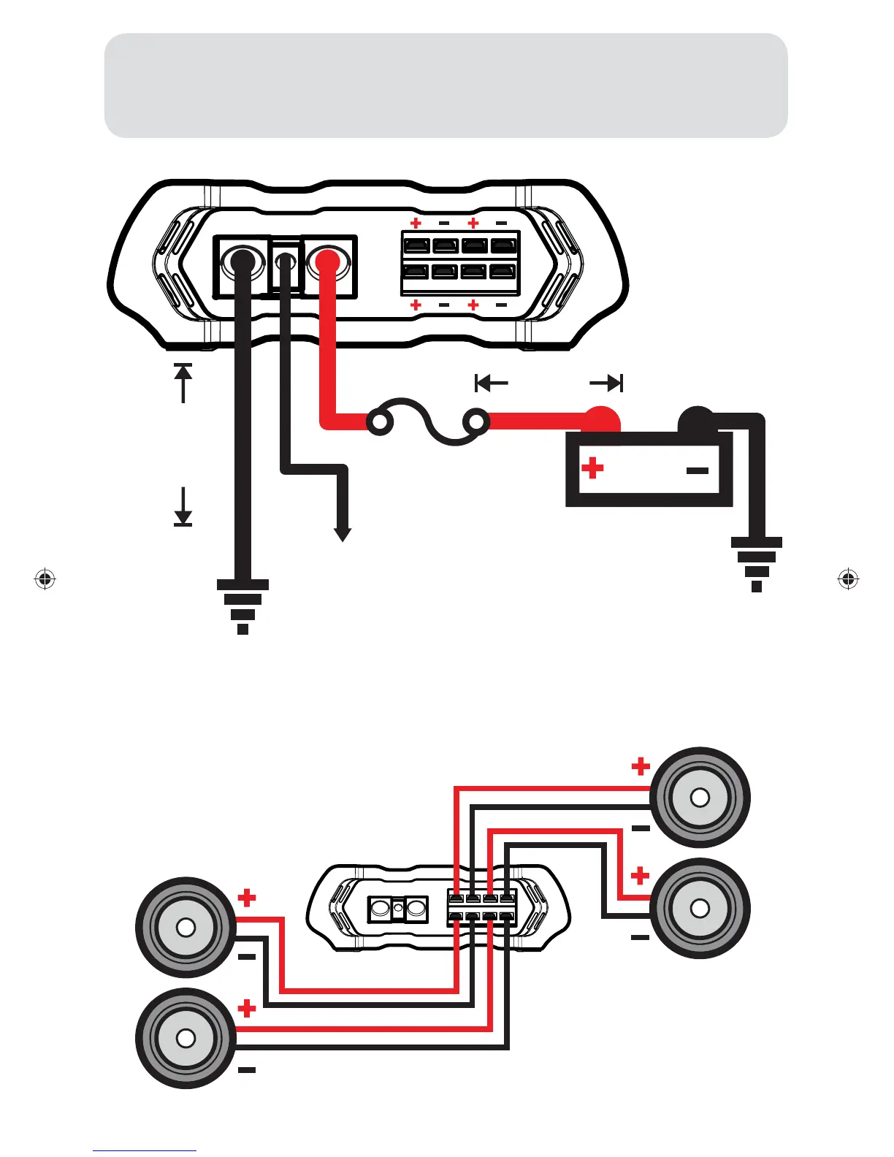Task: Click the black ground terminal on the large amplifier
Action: point(242,261)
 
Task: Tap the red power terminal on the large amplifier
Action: point(326,261)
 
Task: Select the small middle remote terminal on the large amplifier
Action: point(286,260)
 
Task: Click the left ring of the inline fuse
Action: point(380,423)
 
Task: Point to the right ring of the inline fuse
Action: point(477,422)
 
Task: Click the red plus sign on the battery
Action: point(592,467)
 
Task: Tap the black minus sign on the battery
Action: point(698,470)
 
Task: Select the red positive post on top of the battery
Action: point(603,419)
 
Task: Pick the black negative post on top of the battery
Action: point(695,419)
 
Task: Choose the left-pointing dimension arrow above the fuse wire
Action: point(491,383)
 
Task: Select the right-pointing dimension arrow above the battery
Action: point(606,383)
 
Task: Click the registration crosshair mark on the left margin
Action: point(45,579)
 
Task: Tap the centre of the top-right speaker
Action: point(700,797)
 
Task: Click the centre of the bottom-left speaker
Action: point(186,1038)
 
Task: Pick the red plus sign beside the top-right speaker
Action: point(641,766)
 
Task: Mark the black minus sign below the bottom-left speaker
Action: point(247,1071)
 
